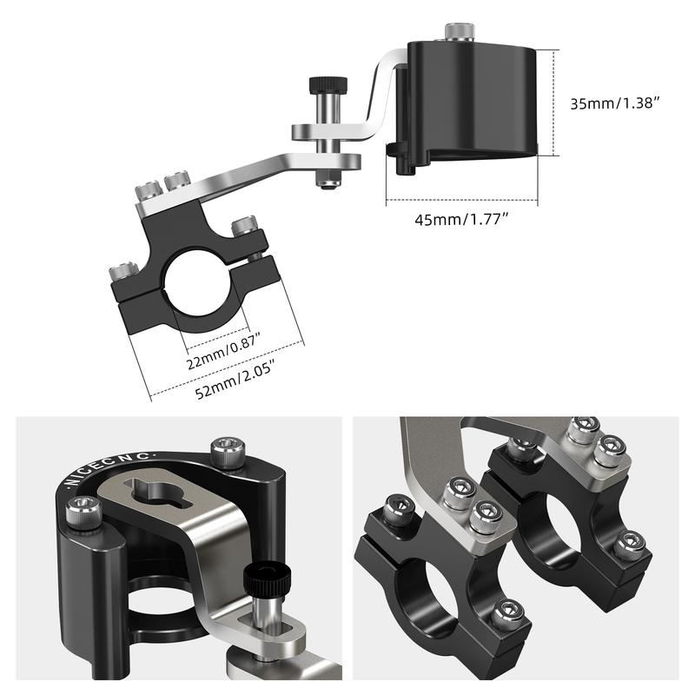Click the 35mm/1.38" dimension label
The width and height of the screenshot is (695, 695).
pyautogui.click(x=614, y=103)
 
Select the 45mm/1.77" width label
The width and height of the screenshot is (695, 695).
pyautogui.click(x=462, y=219)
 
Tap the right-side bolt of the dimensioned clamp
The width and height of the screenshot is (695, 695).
pyautogui.click(x=245, y=228)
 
